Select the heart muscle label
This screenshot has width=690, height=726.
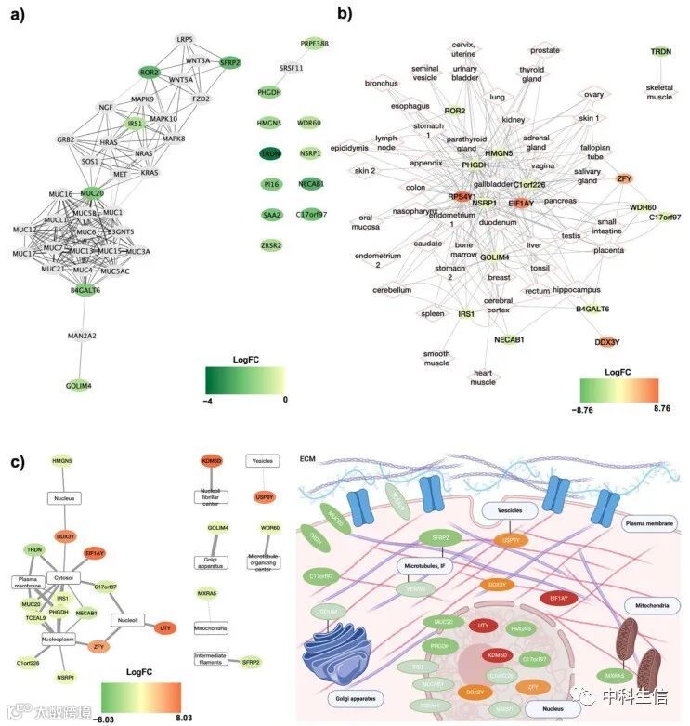click(483, 376)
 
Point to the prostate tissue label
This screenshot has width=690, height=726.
click(545, 50)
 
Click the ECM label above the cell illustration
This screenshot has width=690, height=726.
click(307, 456)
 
